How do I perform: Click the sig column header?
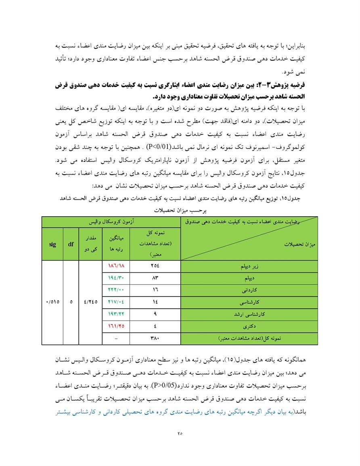52,244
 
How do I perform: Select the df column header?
71,244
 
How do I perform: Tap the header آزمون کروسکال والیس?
111,222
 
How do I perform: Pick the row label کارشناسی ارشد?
249,313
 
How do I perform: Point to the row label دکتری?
249,325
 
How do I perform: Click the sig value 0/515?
52,302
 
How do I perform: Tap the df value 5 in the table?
71,302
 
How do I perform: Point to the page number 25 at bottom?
180,434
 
